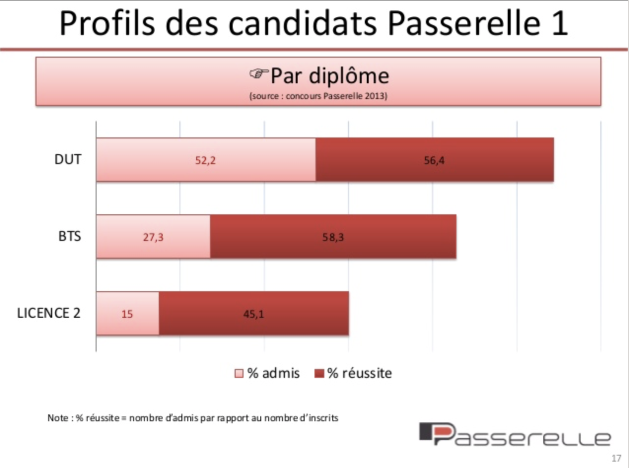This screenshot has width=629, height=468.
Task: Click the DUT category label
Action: click(x=67, y=160)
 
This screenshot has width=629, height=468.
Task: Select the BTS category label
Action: click(x=69, y=237)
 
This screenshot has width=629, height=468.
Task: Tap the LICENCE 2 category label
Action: click(x=49, y=313)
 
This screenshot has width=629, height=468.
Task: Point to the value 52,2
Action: click(x=205, y=160)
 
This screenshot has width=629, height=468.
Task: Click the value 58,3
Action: click(x=333, y=237)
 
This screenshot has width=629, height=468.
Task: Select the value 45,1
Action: click(x=253, y=314)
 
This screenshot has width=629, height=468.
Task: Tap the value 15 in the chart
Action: click(x=127, y=314)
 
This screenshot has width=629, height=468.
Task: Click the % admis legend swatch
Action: click(x=239, y=373)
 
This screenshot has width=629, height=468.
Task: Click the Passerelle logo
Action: click(x=514, y=433)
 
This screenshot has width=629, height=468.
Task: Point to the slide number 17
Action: click(x=616, y=458)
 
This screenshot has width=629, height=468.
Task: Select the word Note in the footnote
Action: click(x=56, y=418)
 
